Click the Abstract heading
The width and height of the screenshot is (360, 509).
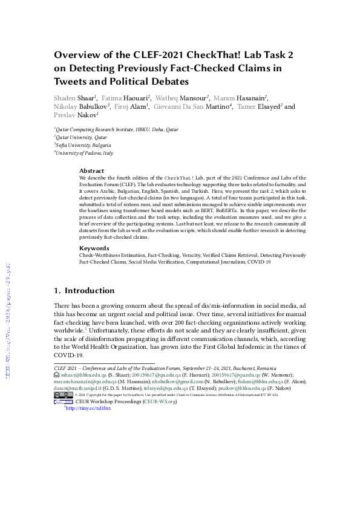coord(92,171)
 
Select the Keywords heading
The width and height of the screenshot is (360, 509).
coord(94,248)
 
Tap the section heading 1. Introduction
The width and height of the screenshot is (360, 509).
coord(84,290)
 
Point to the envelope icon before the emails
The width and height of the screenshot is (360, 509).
coord(57,375)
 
